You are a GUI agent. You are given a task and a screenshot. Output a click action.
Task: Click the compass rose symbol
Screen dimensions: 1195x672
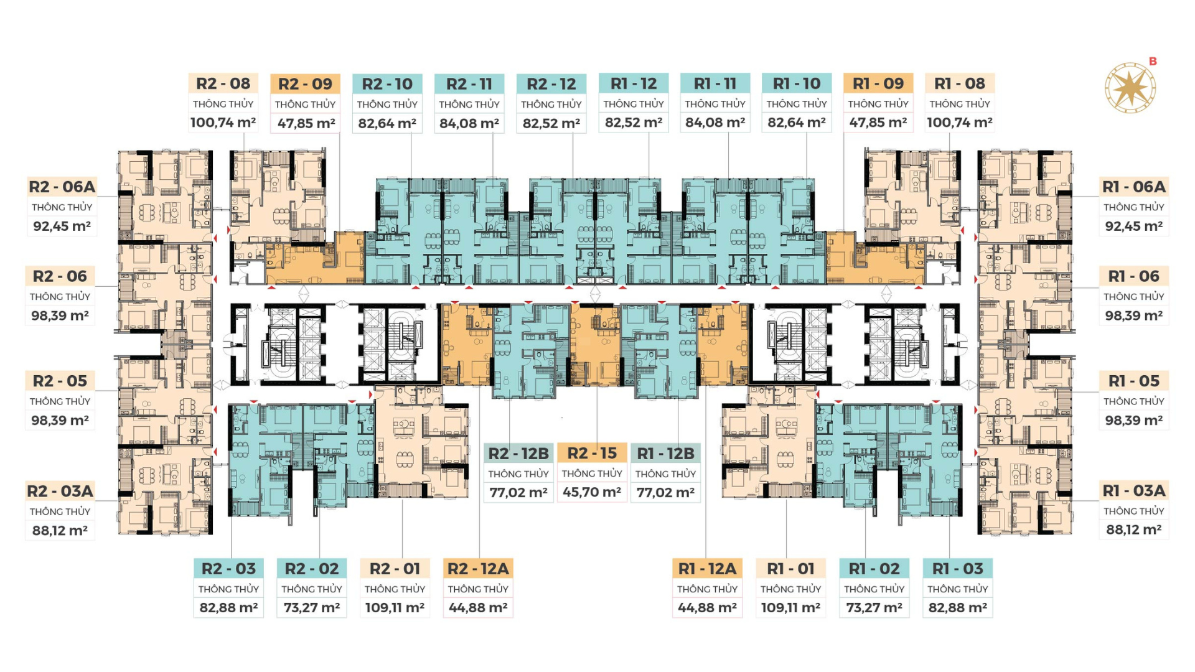pos(1130,88)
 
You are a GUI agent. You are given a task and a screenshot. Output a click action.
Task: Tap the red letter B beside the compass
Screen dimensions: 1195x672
pos(1153,61)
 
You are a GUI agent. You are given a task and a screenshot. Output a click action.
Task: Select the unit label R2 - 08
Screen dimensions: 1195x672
pos(223,83)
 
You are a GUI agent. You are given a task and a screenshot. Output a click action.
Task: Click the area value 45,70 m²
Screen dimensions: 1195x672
pos(592,492)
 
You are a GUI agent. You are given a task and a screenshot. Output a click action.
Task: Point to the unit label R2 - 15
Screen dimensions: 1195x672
pos(592,453)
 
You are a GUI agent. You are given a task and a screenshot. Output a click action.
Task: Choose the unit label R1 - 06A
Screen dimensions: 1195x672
pos(1133,187)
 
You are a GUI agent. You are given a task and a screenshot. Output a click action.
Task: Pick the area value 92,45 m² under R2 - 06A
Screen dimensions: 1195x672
pos(62,226)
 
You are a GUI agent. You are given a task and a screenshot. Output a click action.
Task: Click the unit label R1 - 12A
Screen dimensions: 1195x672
pos(707,569)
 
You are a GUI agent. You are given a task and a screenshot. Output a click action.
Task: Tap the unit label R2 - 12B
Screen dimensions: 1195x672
pos(518,454)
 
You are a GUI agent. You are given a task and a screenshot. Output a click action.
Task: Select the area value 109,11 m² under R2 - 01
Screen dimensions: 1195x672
pos(395,607)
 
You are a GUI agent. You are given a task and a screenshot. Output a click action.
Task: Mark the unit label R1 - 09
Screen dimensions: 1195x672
pos(878,83)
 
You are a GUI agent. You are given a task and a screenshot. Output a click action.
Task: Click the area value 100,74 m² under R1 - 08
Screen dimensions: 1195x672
pos(959,123)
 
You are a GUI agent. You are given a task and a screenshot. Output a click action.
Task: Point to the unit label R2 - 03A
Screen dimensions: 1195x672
pos(60,491)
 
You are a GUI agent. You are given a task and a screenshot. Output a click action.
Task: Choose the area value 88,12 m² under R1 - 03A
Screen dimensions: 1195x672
pos(1133,530)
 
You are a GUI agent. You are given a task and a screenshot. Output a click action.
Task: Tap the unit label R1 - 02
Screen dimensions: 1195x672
pos(874,569)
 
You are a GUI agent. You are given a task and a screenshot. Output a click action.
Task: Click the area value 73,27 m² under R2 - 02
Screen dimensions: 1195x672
pos(311,607)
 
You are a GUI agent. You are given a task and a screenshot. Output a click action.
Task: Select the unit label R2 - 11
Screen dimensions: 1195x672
pos(469,84)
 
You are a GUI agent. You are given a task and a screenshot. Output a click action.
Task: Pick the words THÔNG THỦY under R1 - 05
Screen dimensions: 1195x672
pos(1133,401)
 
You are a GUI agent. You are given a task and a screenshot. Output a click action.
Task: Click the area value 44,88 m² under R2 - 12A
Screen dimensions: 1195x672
pos(478,607)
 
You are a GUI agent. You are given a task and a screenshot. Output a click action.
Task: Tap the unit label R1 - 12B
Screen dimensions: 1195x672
pos(665,454)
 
